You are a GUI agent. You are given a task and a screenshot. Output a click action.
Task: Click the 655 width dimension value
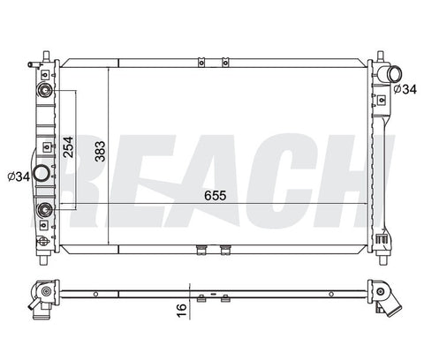point(216,196)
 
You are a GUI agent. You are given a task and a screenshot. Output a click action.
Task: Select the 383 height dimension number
point(100,152)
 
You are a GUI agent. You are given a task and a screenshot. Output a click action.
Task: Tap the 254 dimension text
point(68,146)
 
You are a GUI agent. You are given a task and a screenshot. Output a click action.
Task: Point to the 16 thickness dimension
point(182,311)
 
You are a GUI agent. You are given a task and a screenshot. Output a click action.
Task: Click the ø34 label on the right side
point(405,89)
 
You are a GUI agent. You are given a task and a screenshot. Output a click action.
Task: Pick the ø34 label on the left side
point(19,176)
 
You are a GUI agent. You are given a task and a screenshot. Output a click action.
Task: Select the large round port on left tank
point(41,174)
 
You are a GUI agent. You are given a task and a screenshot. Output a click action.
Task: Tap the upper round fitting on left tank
point(45,90)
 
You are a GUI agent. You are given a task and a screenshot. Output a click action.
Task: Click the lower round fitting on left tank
point(45,209)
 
